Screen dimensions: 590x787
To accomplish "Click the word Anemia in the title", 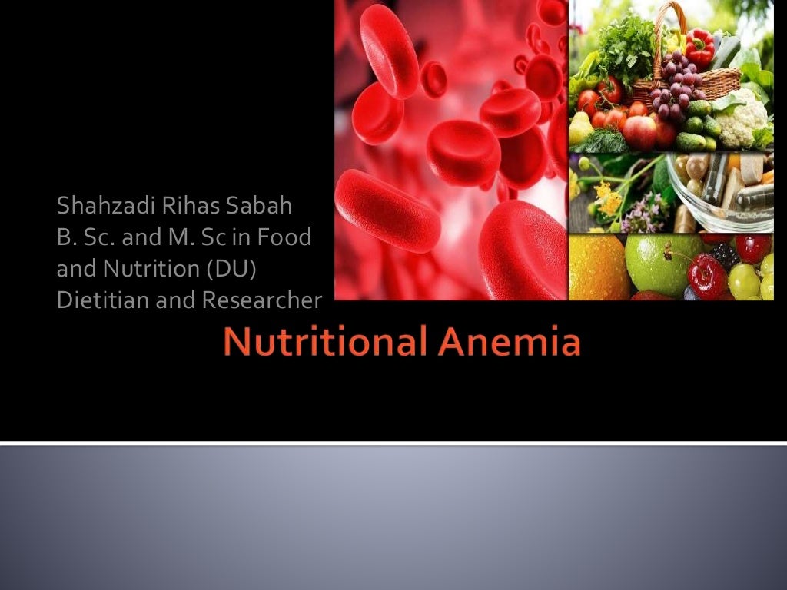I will pyautogui.click(x=510, y=343).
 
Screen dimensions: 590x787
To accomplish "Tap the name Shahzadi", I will pyautogui.click(x=97, y=207).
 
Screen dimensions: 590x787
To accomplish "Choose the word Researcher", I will pyautogui.click(x=261, y=300).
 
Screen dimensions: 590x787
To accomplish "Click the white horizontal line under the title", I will pyautogui.click(x=393, y=442).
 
